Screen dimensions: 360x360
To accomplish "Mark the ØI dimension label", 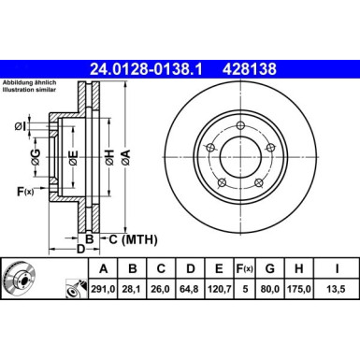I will (22, 127).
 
